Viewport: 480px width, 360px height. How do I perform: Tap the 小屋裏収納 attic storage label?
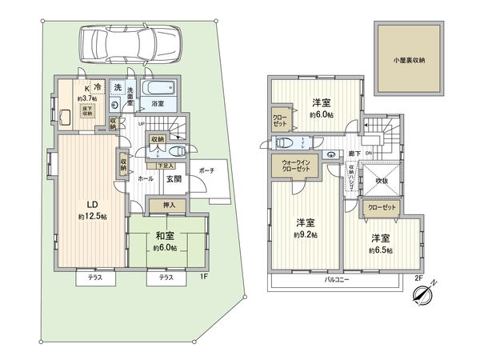coord(409,60)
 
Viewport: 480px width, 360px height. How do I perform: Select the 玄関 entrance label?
coord(174,179)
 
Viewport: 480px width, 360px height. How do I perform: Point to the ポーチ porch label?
coord(206,170)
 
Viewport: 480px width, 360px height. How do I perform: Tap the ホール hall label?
coord(145,179)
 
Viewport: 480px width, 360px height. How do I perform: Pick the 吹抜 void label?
coord(382,179)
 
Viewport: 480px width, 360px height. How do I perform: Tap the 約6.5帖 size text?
coord(380,250)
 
